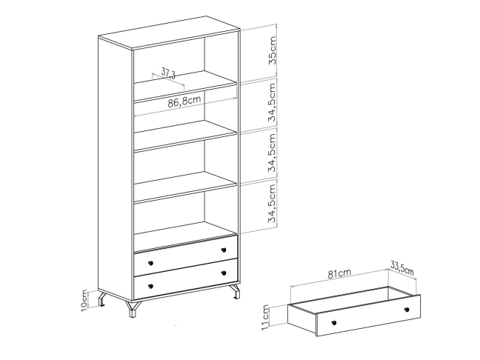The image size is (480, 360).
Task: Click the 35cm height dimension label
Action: [272, 50]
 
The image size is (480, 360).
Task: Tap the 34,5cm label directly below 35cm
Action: [272, 102]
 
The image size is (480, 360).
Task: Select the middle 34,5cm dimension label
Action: [272, 153]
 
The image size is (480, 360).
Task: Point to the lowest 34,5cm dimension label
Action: [272, 204]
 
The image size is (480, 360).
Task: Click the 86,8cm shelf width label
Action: [184, 101]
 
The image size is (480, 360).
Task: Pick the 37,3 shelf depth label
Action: [168, 73]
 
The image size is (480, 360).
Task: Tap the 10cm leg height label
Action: [84, 301]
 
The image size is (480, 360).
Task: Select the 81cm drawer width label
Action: [339, 273]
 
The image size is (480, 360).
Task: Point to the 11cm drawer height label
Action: [265, 318]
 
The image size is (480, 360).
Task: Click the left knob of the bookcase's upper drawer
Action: [150, 263]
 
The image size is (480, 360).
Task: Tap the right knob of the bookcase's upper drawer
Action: [224, 250]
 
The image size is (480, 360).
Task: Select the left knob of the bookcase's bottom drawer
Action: [150, 286]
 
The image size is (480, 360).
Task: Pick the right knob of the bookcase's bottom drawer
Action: [224, 273]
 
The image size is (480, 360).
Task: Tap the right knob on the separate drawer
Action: [407, 310]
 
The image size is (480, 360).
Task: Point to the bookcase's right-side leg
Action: [235, 291]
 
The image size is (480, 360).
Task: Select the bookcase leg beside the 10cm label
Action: [102, 299]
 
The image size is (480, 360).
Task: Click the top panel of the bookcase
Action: [169, 32]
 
